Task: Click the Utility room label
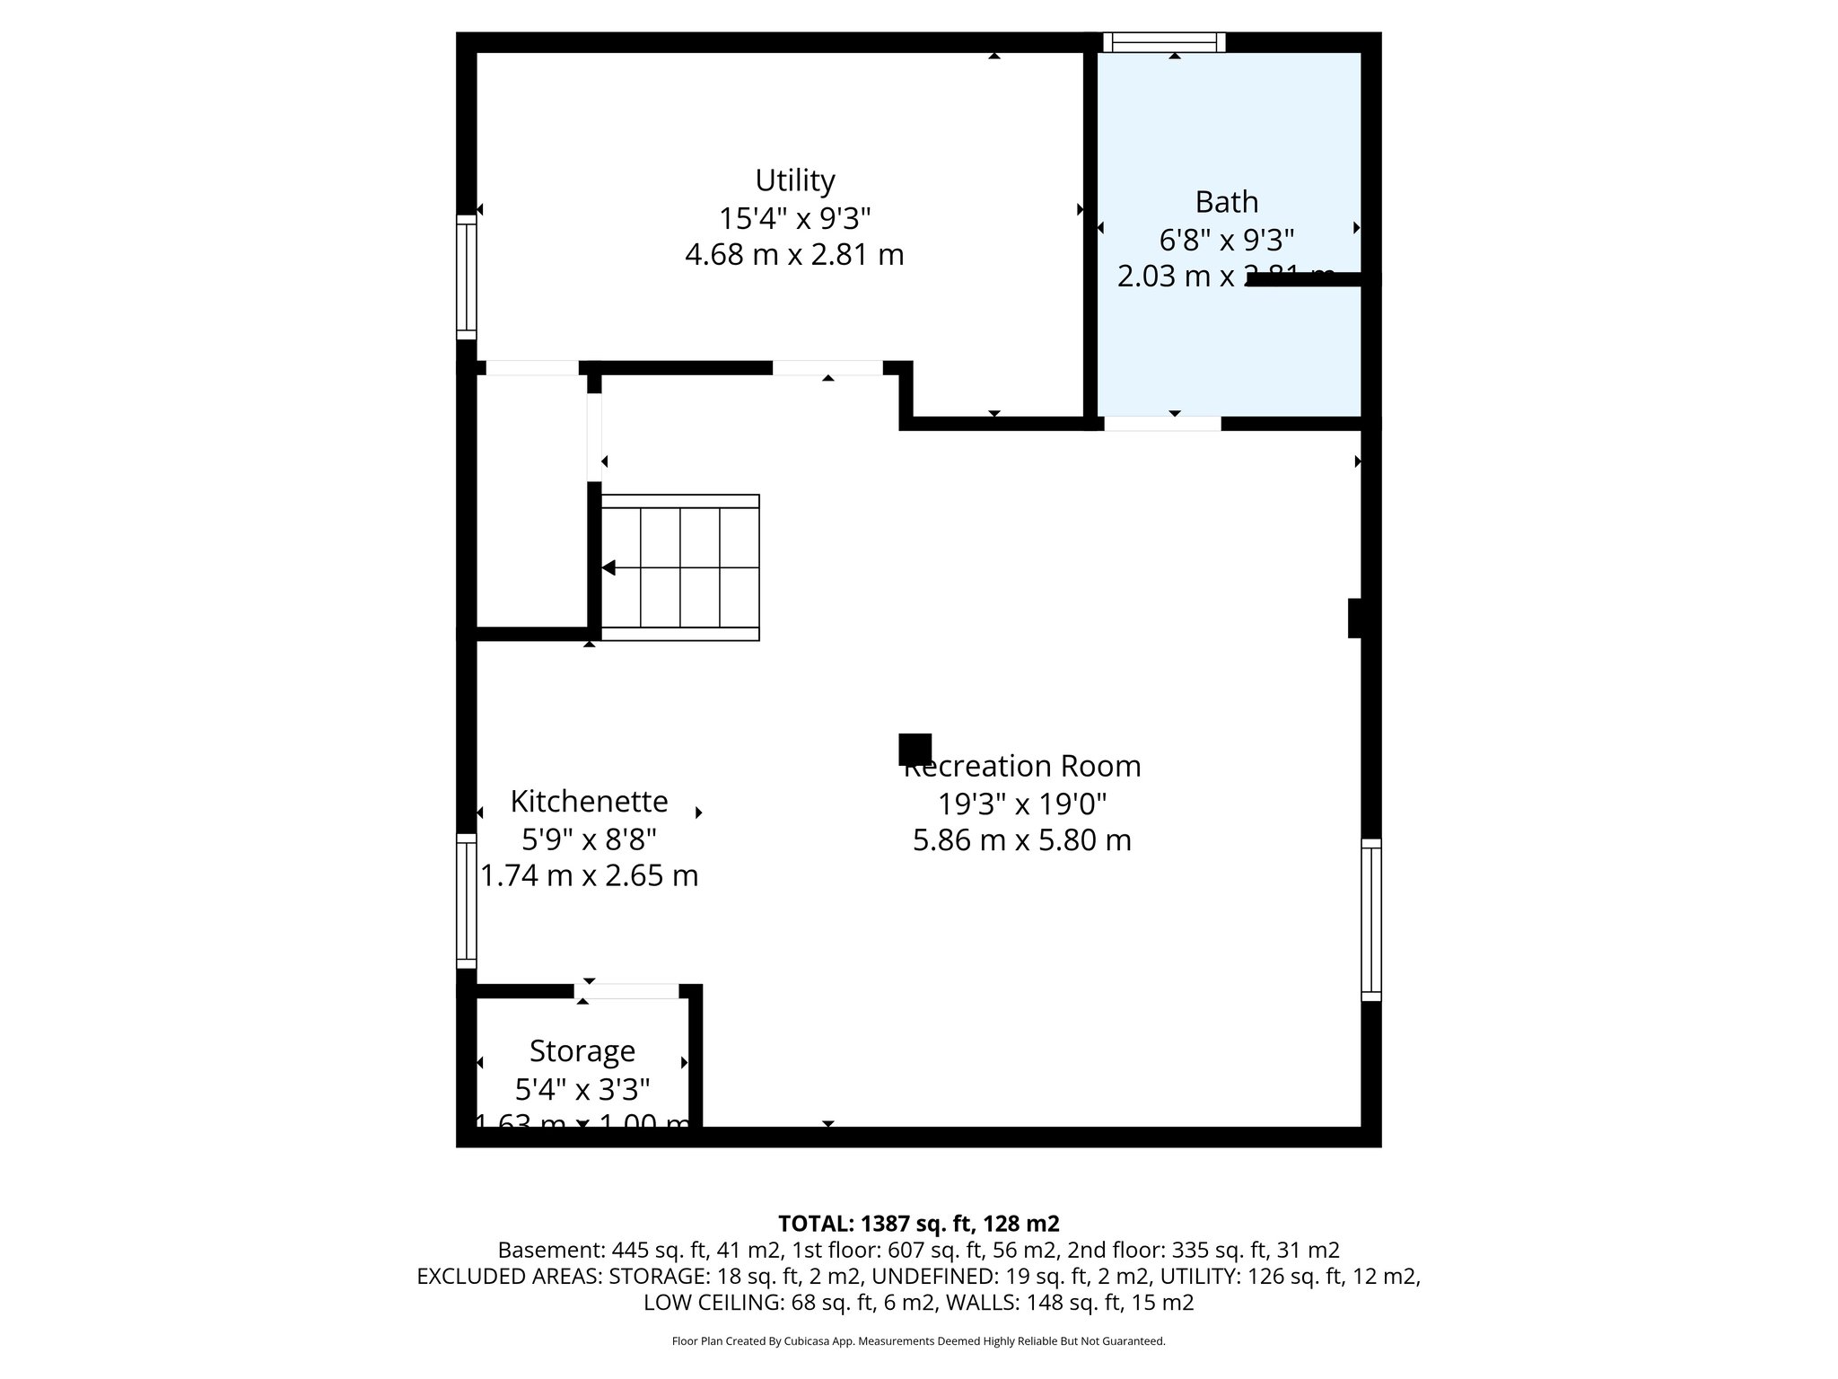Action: pyautogui.click(x=794, y=181)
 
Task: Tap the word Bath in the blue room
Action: pyautogui.click(x=1226, y=202)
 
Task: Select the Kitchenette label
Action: pyautogui.click(x=589, y=801)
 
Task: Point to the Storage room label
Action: pyautogui.click(x=582, y=1050)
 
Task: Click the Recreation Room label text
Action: pyautogui.click(x=1023, y=767)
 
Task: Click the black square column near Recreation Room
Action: pyautogui.click(x=915, y=749)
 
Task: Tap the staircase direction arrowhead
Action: pyautogui.click(x=608, y=567)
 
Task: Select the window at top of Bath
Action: pyautogui.click(x=1164, y=42)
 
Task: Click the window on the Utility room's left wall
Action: pyautogui.click(x=466, y=277)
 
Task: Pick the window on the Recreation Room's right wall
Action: pyautogui.click(x=1370, y=919)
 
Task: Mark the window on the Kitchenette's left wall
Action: pyautogui.click(x=466, y=900)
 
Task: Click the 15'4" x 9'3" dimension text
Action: pyautogui.click(x=794, y=218)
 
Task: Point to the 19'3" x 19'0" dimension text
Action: pyautogui.click(x=1022, y=804)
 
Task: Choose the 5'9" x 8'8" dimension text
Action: pyautogui.click(x=589, y=839)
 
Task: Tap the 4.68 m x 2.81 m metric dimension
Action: pyautogui.click(x=794, y=255)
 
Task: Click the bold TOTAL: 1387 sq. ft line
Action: pyautogui.click(x=918, y=1224)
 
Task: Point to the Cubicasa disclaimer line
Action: pyautogui.click(x=918, y=1341)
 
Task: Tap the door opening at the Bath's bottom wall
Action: pyautogui.click(x=1162, y=424)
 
